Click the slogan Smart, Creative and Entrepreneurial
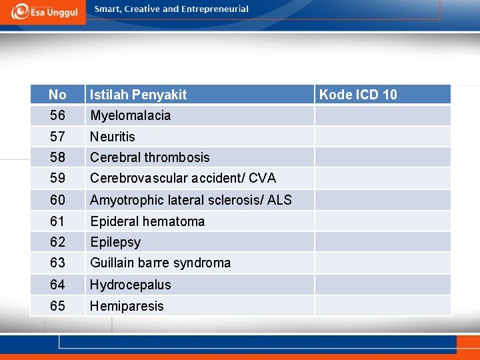tap(171, 9)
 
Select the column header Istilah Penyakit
tap(139, 95)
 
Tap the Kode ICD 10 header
tap(358, 95)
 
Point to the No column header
tap(57, 95)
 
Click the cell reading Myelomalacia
tap(131, 115)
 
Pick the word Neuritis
tap(113, 137)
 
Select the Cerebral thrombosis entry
tap(150, 157)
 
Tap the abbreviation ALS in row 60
tap(279, 199)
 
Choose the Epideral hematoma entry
tap(147, 221)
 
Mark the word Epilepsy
tap(115, 242)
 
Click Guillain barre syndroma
tap(161, 263)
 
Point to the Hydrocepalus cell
tap(131, 285)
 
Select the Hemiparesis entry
tap(127, 306)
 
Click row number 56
tap(57, 115)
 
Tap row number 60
tap(57, 199)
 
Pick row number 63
tap(57, 263)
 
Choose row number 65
tap(57, 306)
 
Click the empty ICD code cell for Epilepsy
tap(383, 242)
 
